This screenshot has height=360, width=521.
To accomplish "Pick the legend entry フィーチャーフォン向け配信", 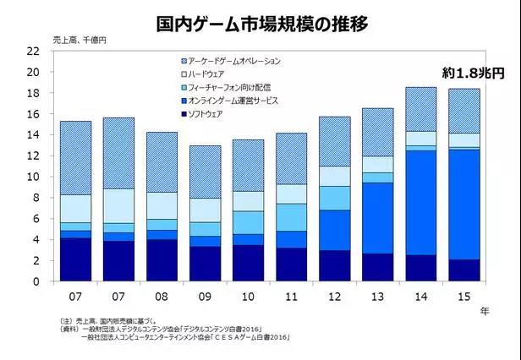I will pos(222,87).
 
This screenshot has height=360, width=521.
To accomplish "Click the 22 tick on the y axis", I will pos(35,51).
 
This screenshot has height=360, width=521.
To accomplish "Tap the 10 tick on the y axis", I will pos(35,177).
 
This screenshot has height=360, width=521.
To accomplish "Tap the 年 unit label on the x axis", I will pos(485,311).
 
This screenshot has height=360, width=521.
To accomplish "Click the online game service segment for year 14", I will pos(420,203).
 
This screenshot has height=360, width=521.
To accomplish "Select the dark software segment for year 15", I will pos(463,270).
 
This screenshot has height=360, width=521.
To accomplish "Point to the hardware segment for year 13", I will pos(378,164).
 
